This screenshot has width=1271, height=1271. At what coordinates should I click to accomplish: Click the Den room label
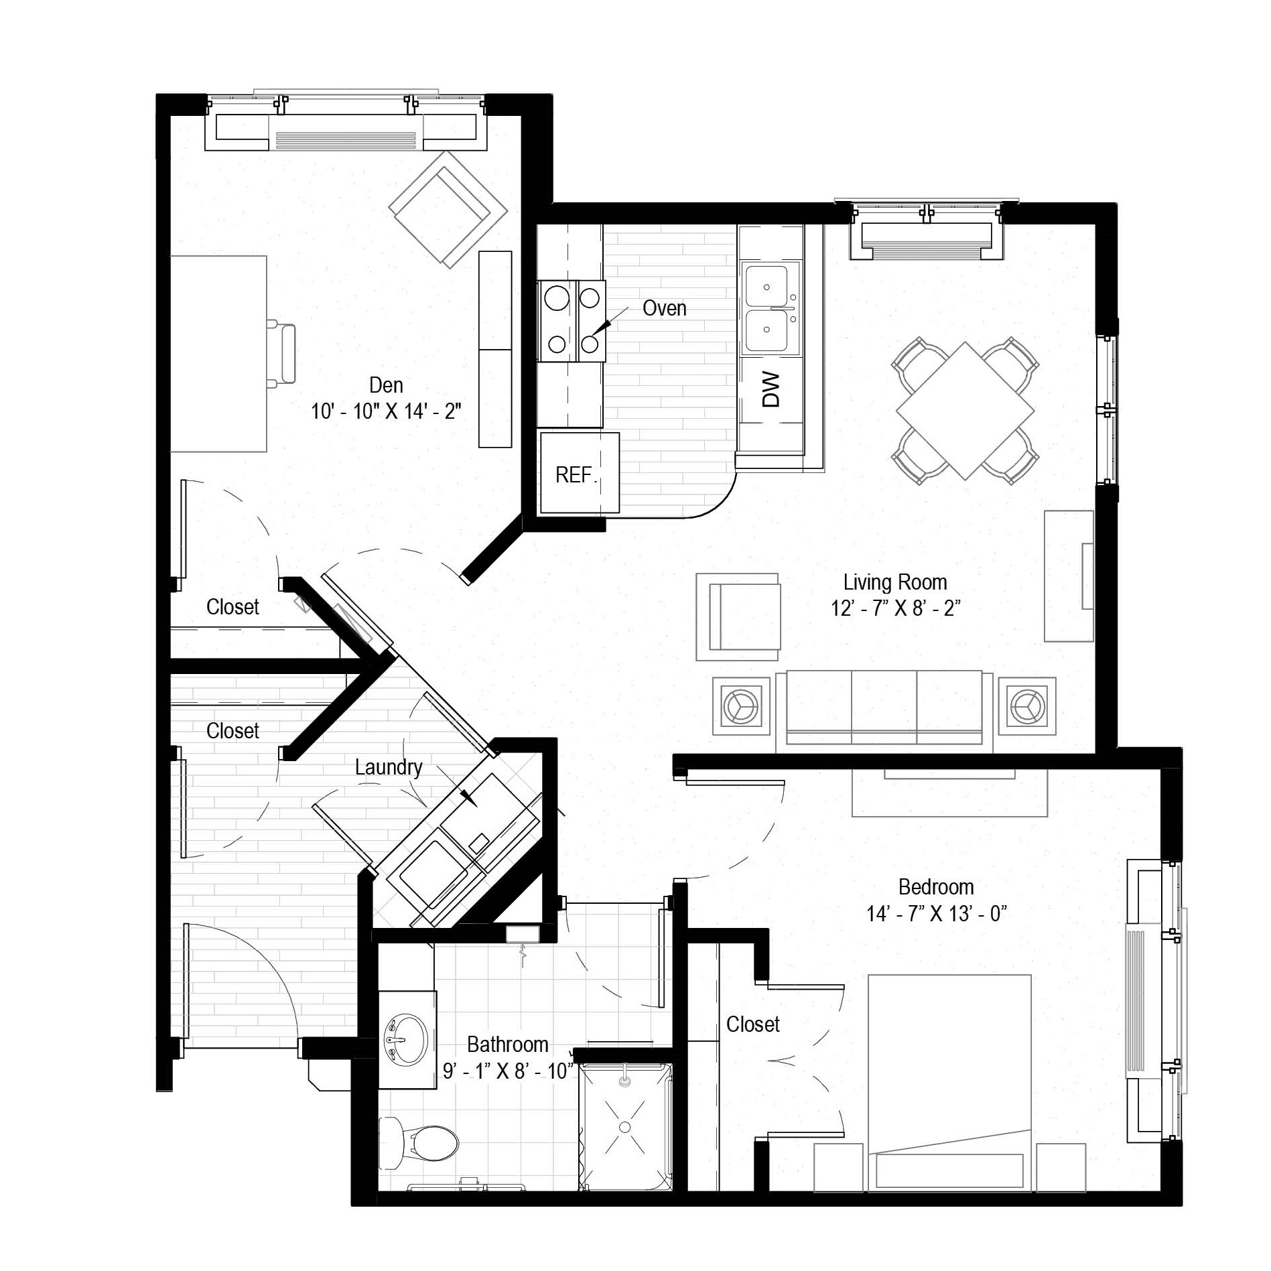tap(386, 385)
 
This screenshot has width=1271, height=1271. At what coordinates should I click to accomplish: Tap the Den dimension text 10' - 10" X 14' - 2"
tap(386, 411)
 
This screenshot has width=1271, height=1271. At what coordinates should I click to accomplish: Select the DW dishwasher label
tap(771, 390)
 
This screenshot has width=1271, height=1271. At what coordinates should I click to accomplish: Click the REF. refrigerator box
tap(580, 473)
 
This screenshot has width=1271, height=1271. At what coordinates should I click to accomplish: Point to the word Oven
tap(664, 308)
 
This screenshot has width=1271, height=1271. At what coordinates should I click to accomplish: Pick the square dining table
tap(965, 411)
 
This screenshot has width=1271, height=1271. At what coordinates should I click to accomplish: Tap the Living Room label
tap(895, 582)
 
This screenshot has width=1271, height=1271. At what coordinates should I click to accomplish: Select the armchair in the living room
tap(738, 616)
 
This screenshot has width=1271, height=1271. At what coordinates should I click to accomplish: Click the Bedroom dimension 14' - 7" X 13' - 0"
tap(937, 913)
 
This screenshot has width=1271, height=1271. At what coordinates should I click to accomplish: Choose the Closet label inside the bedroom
tap(753, 1024)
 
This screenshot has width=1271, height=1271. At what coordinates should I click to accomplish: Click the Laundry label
tap(389, 767)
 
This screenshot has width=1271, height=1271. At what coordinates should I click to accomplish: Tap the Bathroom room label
tap(507, 1045)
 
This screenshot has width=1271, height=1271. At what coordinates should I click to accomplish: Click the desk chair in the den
tap(281, 353)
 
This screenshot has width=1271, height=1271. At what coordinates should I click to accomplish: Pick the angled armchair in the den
tap(448, 209)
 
